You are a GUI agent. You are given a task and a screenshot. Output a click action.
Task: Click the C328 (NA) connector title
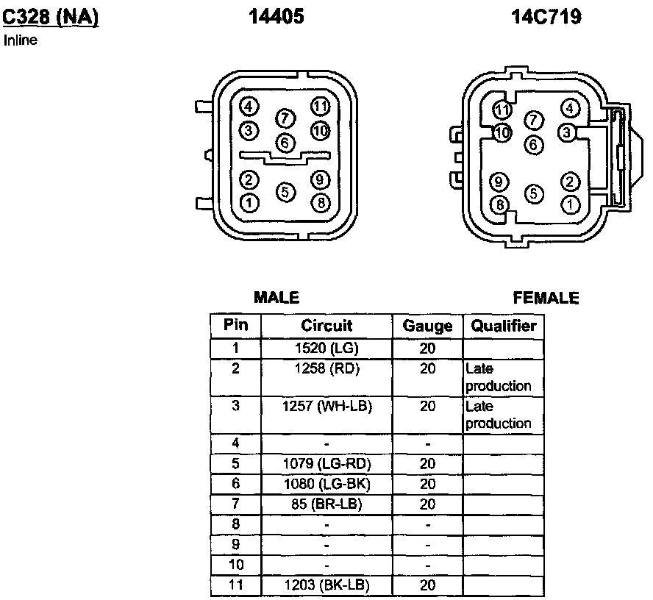click(x=51, y=18)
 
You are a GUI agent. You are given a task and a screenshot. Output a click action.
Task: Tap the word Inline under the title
click(x=21, y=40)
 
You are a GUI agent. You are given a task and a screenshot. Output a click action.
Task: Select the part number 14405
click(x=276, y=17)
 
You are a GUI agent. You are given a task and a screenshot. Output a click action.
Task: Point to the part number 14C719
click(x=546, y=17)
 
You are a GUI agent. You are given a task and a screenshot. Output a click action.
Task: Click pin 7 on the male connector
click(x=285, y=118)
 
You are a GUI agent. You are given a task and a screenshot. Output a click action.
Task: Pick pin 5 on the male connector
click(x=285, y=192)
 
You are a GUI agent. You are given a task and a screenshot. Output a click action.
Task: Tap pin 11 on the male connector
click(x=321, y=107)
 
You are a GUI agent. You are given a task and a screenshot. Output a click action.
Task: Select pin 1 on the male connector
click(x=249, y=203)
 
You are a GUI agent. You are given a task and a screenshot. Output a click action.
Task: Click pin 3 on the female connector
click(x=566, y=133)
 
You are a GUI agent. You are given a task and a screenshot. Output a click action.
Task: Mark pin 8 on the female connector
click(x=500, y=205)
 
